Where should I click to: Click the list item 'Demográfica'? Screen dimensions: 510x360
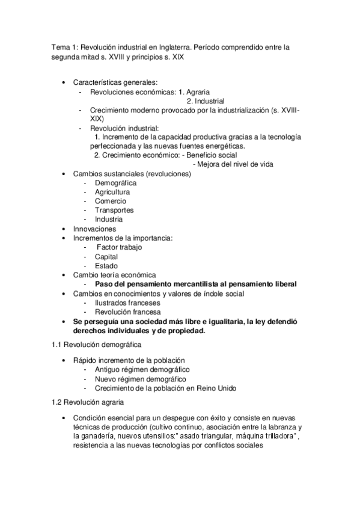click(115, 182)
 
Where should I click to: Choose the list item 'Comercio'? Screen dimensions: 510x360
click(110, 201)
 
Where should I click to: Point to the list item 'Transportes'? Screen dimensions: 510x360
click(114, 210)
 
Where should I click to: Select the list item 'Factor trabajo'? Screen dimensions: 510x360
click(120, 247)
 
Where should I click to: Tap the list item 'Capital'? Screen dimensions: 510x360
click(106, 256)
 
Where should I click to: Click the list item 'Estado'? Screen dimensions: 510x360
click(106, 265)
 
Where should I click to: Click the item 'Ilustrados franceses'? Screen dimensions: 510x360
click(127, 303)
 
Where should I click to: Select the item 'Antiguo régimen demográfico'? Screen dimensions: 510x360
click(142, 369)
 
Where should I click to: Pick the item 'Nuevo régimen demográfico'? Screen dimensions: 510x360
click(139, 378)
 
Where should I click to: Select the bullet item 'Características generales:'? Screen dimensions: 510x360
click(115, 82)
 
